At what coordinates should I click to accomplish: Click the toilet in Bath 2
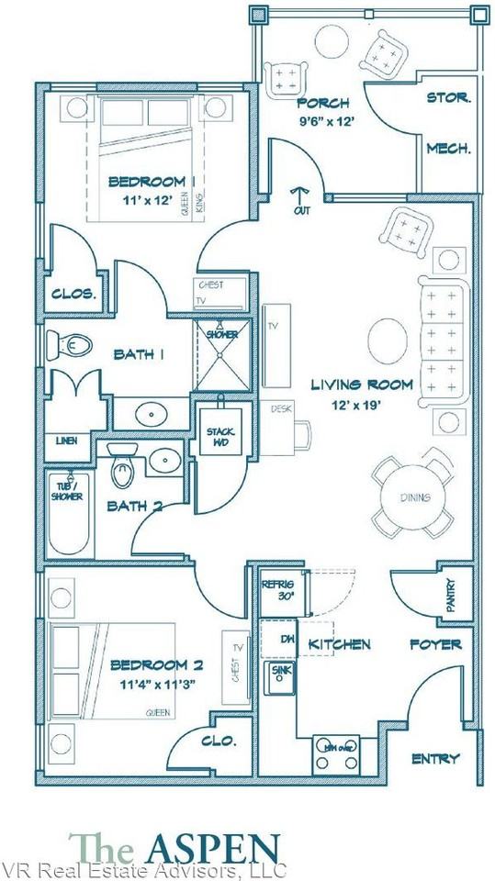click(x=120, y=470)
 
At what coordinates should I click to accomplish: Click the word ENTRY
click(x=436, y=758)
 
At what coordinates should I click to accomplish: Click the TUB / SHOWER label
click(x=68, y=491)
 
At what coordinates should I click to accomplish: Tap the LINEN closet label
click(x=65, y=441)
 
